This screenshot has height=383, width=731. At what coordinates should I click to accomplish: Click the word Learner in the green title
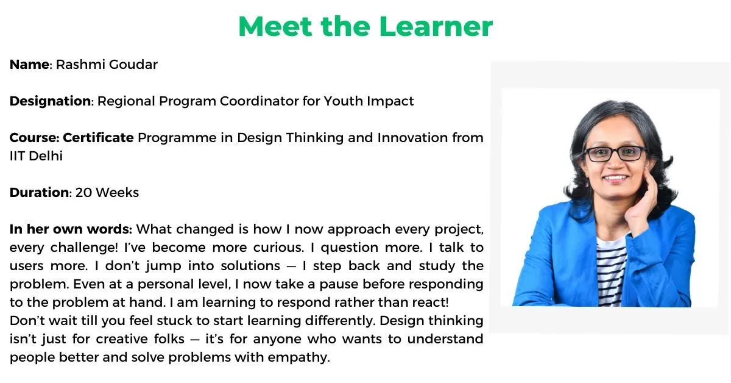pos(436,26)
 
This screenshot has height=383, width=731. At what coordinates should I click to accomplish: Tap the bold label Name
pos(29,65)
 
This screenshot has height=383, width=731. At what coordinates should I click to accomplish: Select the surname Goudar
pos(133,65)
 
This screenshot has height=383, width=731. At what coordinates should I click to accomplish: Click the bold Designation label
pos(50,102)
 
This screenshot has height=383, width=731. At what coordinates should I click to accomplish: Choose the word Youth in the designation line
pos(344,101)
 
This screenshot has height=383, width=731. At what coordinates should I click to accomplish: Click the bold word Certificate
pos(98,138)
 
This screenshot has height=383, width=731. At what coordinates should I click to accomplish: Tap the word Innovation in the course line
pos(412,138)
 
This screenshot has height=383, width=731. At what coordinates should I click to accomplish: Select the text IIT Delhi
pos(36,156)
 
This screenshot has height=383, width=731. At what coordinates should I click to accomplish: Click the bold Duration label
pos(40,193)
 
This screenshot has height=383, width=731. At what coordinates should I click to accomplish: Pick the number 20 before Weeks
pos(83,193)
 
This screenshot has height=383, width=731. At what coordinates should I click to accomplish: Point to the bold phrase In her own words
pos(71,229)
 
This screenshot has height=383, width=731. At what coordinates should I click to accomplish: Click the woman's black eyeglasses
pos(615,154)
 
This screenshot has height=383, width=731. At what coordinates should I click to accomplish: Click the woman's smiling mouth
pos(615,178)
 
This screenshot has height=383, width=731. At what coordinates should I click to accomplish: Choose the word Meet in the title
pos(275,26)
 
